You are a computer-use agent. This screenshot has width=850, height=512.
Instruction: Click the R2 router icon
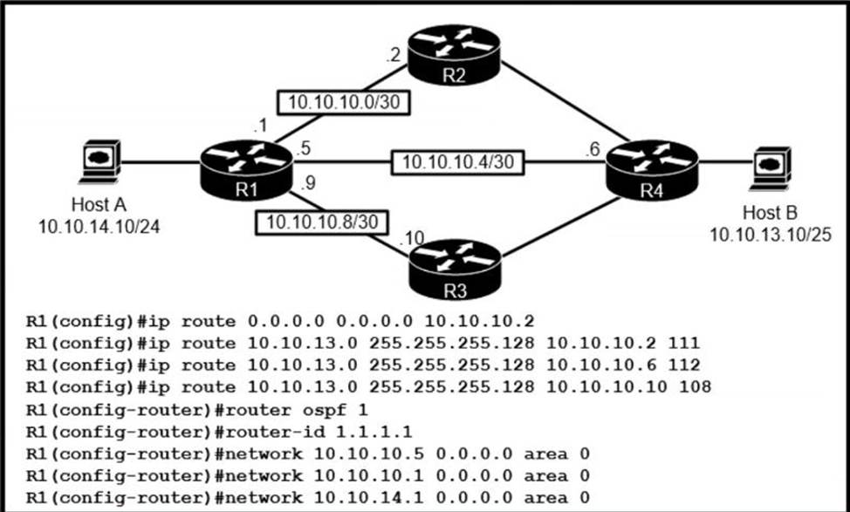(x=454, y=55)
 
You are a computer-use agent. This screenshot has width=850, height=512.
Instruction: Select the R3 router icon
(x=456, y=270)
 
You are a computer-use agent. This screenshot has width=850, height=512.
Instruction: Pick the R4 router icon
(x=652, y=170)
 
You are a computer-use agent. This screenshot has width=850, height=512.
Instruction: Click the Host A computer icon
(x=101, y=161)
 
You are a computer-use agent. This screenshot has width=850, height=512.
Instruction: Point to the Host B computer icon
(x=771, y=168)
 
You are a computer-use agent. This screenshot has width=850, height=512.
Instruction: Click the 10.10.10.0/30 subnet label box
(x=344, y=102)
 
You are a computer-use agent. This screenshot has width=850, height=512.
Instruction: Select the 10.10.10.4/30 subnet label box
(x=458, y=162)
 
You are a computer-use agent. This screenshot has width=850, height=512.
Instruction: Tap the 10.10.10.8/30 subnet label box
(x=322, y=222)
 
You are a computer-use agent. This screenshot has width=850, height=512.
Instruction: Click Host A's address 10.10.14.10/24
(x=99, y=227)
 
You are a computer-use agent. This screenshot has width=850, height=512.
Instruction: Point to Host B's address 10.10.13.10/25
(x=771, y=235)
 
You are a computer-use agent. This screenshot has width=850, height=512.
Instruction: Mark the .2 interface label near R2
(x=393, y=56)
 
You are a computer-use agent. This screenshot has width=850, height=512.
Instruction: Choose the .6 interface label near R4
(x=593, y=149)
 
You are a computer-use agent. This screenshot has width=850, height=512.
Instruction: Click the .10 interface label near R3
(x=411, y=239)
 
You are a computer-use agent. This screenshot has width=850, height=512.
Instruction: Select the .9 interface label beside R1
(x=307, y=183)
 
